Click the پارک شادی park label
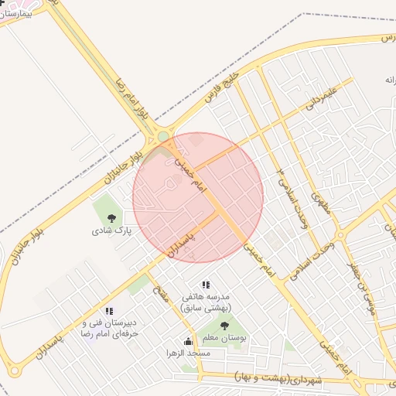tap(113, 230)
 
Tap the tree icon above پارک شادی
tap(113, 217)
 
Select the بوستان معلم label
tap(224, 338)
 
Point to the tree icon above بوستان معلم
tap(224, 326)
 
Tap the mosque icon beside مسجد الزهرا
tap(187, 341)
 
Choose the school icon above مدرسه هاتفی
tap(205, 285)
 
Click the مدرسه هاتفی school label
tap(206, 302)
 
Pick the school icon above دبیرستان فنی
tap(109, 311)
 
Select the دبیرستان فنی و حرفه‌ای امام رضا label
tap(109, 328)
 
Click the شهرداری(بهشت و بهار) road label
tap(279, 379)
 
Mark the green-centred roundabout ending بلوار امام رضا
tap(163, 138)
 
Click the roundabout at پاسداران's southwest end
tap(14, 371)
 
